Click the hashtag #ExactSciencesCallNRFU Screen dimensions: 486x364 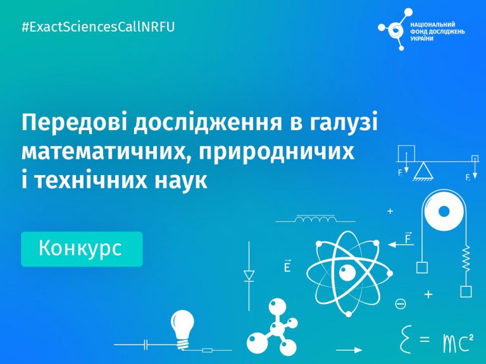coord(98,27)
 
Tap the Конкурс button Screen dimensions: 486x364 coord(82,249)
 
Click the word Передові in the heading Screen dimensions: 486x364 coord(75,123)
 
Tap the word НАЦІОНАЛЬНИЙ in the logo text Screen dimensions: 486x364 coord(433,25)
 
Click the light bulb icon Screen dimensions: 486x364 coord(183,329)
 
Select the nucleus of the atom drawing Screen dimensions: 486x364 coord(347,273)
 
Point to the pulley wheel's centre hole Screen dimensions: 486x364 coord(444,212)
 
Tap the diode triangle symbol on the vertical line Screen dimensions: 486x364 coord(249,276)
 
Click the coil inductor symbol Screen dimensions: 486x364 coord(316,219)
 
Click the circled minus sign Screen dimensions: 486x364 coord(400,303)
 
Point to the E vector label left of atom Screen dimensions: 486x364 coord(287,265)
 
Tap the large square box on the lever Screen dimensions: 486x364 coord(406,153)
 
